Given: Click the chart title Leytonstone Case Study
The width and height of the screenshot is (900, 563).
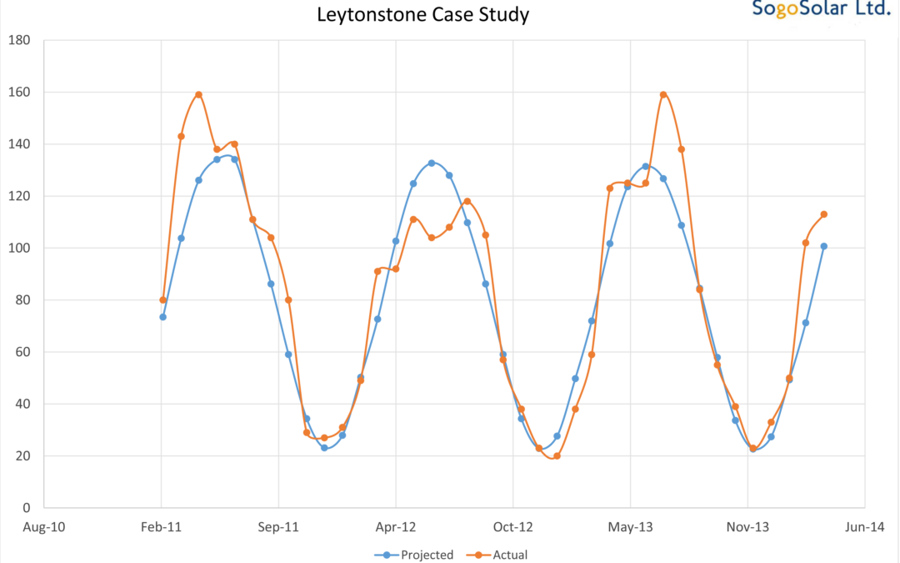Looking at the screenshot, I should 422,15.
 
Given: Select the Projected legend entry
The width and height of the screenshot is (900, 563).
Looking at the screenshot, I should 414,555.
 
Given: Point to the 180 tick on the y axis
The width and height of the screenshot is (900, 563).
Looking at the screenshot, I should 19,40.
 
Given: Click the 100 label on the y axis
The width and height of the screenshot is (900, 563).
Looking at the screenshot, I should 19,248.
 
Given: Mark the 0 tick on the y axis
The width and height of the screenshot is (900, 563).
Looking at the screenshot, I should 27,508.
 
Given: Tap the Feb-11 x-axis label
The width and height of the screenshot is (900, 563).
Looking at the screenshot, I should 161,527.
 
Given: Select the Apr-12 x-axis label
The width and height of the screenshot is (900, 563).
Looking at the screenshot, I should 395,527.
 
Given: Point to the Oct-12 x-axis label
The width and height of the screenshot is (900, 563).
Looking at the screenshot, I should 512,527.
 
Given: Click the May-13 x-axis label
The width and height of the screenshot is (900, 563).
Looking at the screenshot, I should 630,527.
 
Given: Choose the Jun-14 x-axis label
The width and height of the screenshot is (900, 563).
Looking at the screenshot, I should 864,527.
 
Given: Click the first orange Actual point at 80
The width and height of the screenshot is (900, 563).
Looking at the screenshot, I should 163,300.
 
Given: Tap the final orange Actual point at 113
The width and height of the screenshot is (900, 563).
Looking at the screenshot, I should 824,214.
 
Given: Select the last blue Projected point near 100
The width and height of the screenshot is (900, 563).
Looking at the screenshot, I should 824,246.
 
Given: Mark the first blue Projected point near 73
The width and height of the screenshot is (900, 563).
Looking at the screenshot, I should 162,317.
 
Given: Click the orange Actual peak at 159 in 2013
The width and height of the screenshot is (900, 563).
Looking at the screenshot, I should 663,94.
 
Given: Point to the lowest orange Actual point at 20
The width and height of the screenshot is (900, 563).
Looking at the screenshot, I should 557,456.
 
